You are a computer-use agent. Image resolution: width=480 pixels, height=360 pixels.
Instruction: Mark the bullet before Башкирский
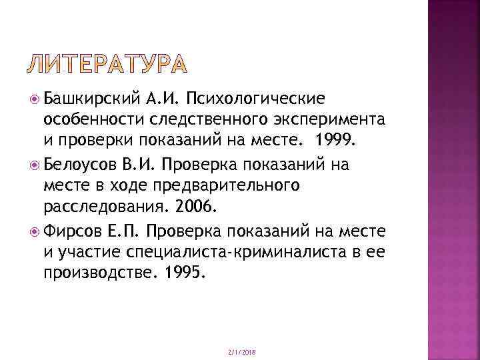click(35, 100)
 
